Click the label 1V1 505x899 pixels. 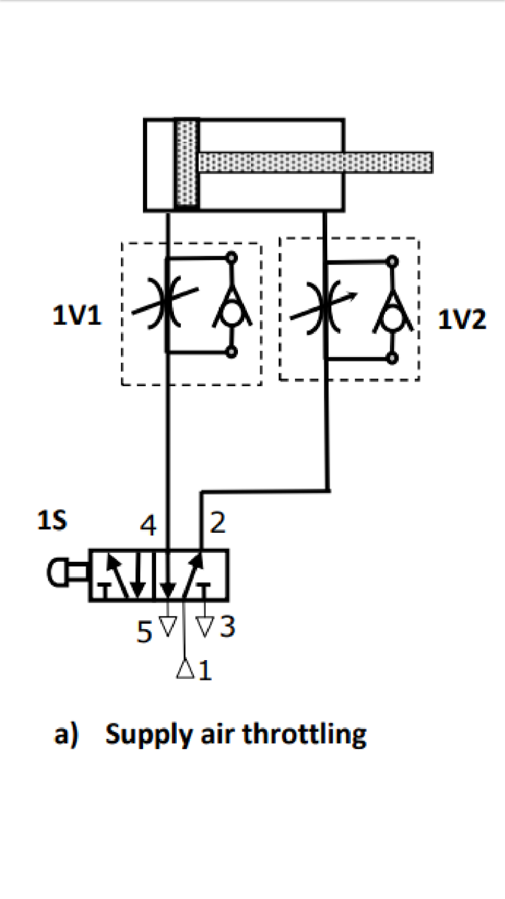[76, 315]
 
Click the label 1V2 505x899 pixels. [462, 320]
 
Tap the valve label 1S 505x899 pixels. [52, 520]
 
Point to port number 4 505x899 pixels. [148, 525]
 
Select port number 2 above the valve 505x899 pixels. [218, 523]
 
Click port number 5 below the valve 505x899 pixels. [144, 632]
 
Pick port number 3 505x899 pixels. [227, 626]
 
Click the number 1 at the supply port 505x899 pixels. [205, 670]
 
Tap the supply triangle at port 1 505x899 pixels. [185, 669]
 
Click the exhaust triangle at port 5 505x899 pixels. [168, 626]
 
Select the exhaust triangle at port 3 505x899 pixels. [205, 626]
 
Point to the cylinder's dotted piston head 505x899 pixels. [187, 165]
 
